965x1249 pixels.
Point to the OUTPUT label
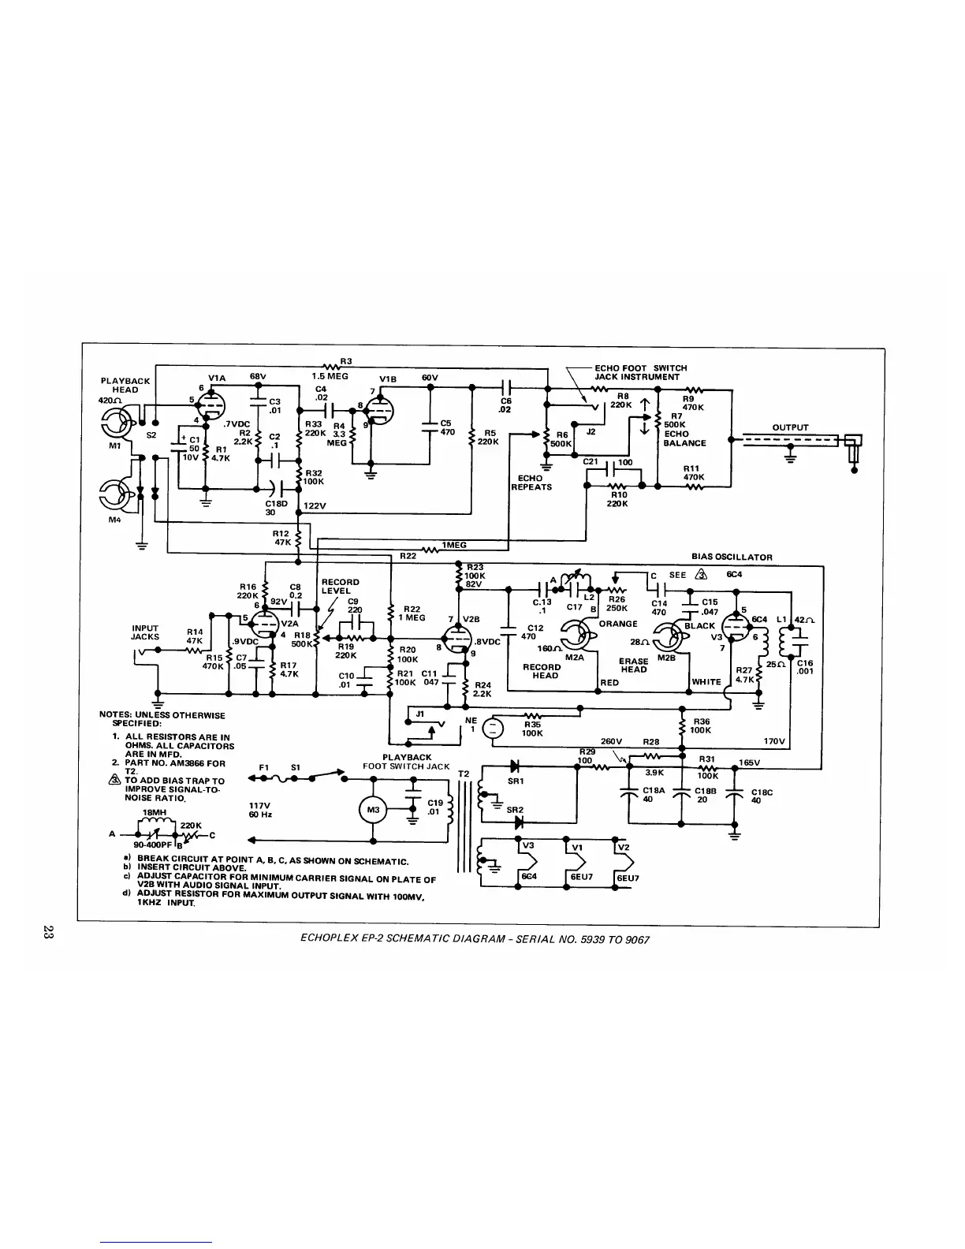coord(790,427)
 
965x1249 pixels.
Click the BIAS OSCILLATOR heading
coord(732,557)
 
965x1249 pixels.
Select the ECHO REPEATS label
coord(531,483)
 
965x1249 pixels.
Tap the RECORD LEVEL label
coord(340,586)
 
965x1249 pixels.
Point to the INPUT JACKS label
coord(145,632)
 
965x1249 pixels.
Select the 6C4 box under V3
coord(529,877)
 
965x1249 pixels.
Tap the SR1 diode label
coord(516,781)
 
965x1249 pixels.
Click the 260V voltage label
coord(612,741)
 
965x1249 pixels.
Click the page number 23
coord(49,934)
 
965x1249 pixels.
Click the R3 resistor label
coord(345,361)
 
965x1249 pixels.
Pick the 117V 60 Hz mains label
coord(261,809)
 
